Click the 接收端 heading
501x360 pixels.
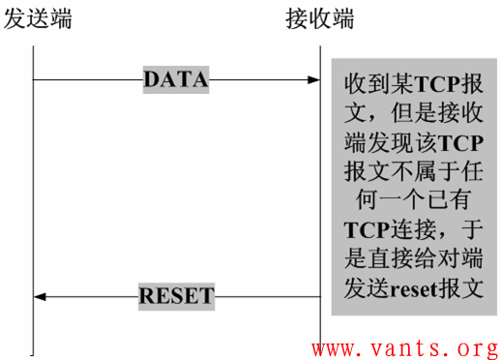coord(320,18)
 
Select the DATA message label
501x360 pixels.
coord(175,80)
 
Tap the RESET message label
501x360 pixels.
coord(175,296)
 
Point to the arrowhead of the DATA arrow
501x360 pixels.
coord(313,80)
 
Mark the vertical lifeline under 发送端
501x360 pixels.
coord(33,194)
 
